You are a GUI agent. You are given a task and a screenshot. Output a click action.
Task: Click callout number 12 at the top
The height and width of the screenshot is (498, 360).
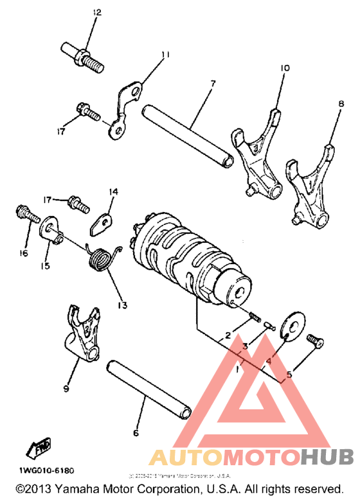coord(96,13)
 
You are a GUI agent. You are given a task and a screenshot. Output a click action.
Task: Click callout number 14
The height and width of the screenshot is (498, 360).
coord(113,191)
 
